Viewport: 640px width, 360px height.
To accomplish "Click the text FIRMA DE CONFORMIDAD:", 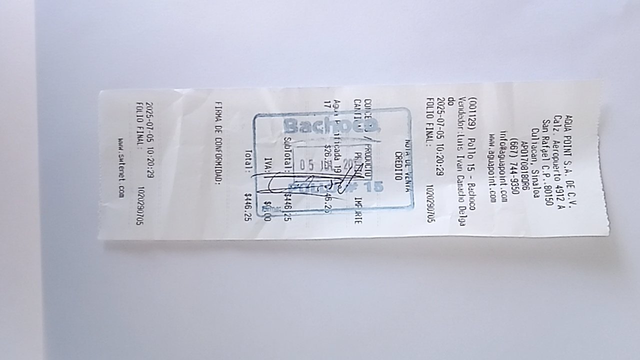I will pos(217,143).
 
